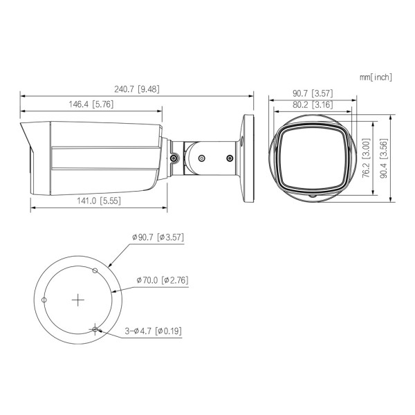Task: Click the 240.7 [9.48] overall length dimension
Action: pos(137,89)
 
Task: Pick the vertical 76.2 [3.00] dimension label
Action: pos(366,158)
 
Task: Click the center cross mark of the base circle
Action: pos(78,300)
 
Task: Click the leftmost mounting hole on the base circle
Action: pos(44,300)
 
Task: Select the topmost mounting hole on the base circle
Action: pos(95,270)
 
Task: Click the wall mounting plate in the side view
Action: pos(249,157)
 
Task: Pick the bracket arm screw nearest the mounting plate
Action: pos(228,158)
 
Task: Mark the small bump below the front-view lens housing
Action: pos(311,196)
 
